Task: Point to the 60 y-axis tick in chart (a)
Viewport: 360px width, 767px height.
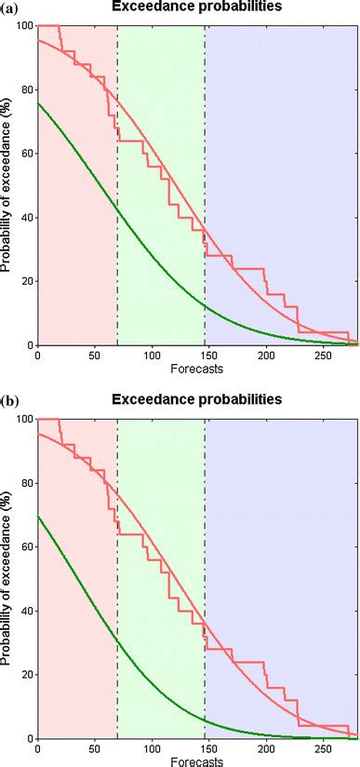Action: click(x=25, y=154)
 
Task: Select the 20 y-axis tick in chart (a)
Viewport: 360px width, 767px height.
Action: click(x=25, y=281)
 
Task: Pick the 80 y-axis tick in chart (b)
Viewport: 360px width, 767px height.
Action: click(x=25, y=483)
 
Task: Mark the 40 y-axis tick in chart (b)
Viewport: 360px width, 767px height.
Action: click(x=25, y=611)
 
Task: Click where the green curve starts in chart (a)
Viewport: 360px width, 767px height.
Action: click(x=37, y=103)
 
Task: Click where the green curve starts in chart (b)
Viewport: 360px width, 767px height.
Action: click(x=37, y=516)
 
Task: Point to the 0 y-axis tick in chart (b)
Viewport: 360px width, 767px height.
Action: click(x=28, y=738)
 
